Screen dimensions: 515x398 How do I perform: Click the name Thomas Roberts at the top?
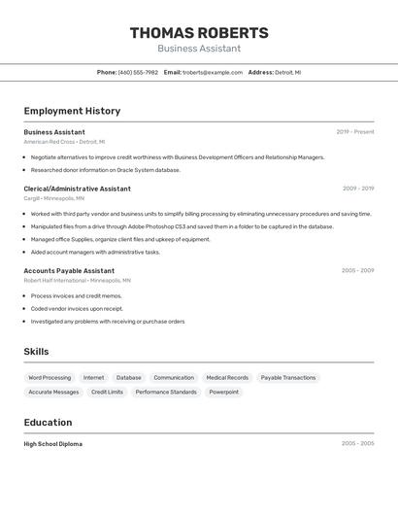pyautogui.click(x=199, y=33)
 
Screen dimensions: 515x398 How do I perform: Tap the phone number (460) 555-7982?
pyautogui.click(x=138, y=72)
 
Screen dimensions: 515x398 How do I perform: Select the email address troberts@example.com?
pyautogui.click(x=213, y=72)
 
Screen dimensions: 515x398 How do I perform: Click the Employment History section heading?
pyautogui.click(x=72, y=111)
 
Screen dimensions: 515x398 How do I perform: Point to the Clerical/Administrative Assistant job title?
pyautogui.click(x=77, y=189)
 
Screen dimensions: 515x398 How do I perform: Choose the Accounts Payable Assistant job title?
pyautogui.click(x=69, y=270)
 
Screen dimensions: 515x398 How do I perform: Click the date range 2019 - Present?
pyautogui.click(x=354, y=132)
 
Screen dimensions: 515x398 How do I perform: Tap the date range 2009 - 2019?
pyautogui.click(x=357, y=189)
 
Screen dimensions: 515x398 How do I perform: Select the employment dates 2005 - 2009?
pyautogui.click(x=357, y=270)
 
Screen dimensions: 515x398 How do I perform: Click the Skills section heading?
pyautogui.click(x=36, y=352)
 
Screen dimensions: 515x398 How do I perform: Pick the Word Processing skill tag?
pyautogui.click(x=50, y=377)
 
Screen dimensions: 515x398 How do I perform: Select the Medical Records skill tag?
pyautogui.click(x=227, y=377)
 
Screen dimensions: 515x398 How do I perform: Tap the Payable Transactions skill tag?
pyautogui.click(x=288, y=377)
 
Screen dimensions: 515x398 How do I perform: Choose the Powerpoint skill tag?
pyautogui.click(x=223, y=392)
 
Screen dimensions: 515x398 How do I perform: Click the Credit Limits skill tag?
pyautogui.click(x=107, y=392)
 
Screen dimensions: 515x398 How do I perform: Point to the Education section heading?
pyautogui.click(x=48, y=423)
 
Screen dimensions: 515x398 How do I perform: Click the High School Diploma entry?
pyautogui.click(x=53, y=444)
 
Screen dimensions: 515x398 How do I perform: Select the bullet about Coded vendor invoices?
pyautogui.click(x=77, y=308)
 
